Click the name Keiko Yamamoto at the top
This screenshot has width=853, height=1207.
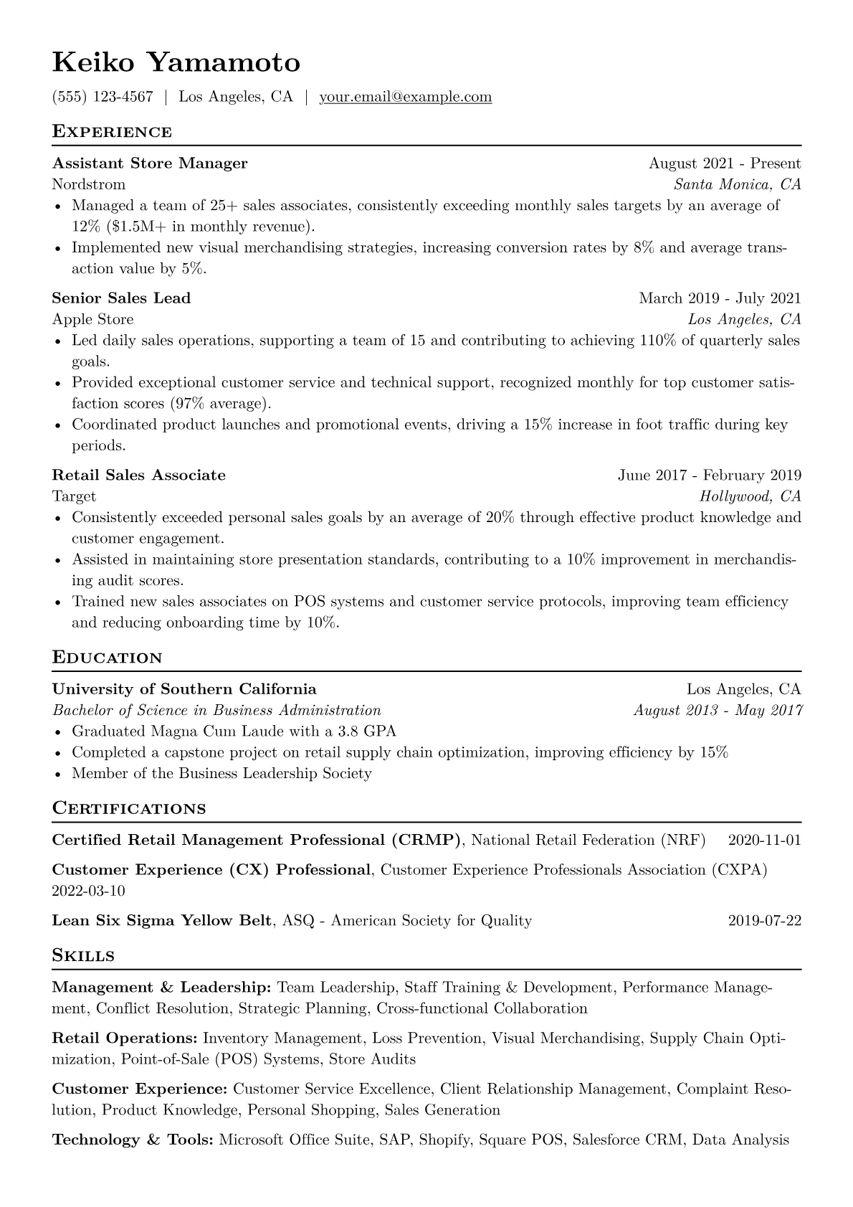[x=176, y=63]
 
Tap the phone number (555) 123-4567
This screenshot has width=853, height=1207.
[x=103, y=97]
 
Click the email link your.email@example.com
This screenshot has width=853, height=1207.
[x=405, y=97]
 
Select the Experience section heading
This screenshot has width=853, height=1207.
[x=112, y=132]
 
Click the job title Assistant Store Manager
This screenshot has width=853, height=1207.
[x=150, y=164]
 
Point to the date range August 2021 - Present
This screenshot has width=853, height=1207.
[x=724, y=164]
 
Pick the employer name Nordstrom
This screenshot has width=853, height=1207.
[x=89, y=184]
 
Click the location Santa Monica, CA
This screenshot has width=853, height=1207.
[x=737, y=184]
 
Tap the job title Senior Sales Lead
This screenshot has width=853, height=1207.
[x=121, y=298]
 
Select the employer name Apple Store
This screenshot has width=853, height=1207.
[x=92, y=319]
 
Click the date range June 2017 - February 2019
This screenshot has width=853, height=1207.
[x=709, y=475]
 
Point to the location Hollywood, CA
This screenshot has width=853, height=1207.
[x=750, y=496]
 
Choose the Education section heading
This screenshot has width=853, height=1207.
[x=107, y=658]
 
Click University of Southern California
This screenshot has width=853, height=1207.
[x=184, y=689]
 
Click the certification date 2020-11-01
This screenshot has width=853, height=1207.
[x=764, y=840]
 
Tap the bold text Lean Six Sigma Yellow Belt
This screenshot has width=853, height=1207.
[x=162, y=921]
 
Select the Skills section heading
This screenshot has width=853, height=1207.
[x=83, y=956]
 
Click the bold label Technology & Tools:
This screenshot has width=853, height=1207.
[x=133, y=1140]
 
